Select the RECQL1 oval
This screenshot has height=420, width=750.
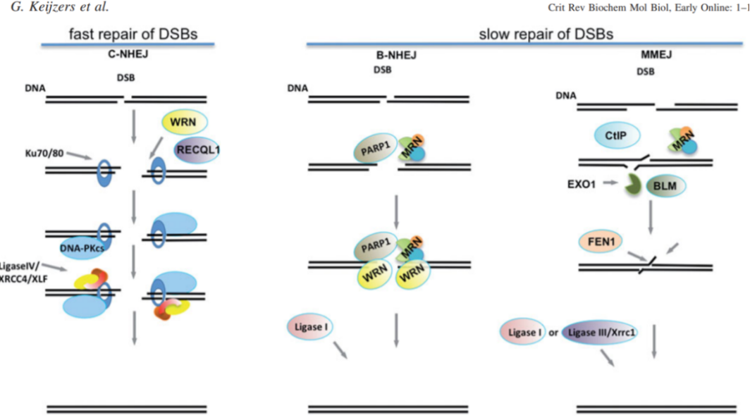point(202,149)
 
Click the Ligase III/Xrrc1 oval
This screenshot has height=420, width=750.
point(600,331)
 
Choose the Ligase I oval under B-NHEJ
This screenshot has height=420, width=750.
point(309,328)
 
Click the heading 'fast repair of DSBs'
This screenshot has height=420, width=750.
point(133,35)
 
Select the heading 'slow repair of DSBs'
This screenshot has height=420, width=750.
point(546,33)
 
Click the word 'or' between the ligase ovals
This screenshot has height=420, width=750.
point(554,331)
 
